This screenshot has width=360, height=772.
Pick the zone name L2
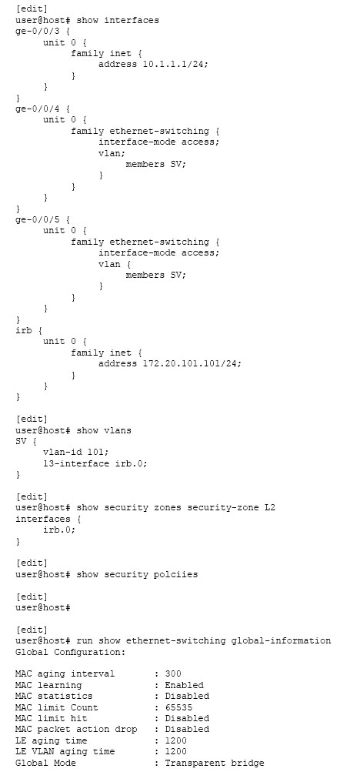269,508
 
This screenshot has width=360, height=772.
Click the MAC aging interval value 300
172,674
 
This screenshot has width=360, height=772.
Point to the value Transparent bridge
214,763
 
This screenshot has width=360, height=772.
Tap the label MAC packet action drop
76,730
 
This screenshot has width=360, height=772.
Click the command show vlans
104,430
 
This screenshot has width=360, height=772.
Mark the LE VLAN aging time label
65,752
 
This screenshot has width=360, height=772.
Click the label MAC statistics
54,696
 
